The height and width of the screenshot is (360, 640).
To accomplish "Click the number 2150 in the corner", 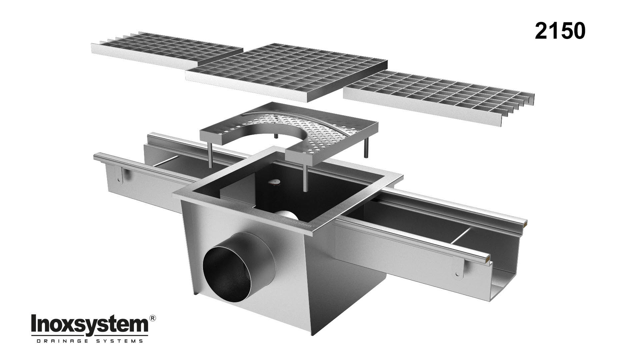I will (x=560, y=31).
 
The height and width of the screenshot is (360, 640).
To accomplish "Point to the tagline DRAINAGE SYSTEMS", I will (x=89, y=341).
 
